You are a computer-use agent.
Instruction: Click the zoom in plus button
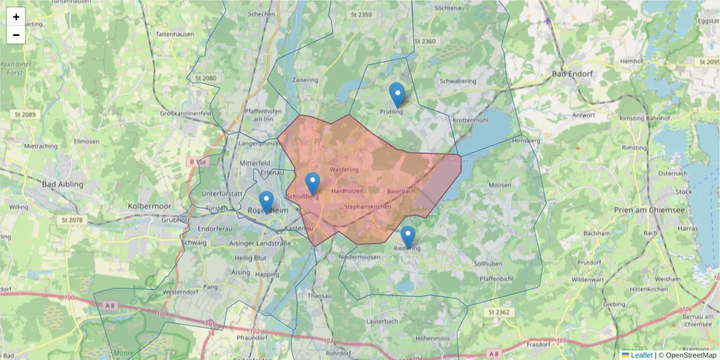coord(16,17)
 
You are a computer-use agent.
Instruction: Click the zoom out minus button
coord(16,35)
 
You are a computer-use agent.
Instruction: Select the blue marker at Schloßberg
coord(313,183)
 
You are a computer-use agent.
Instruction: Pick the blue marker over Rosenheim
coord(266,202)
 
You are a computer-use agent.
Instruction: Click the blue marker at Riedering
coord(408,236)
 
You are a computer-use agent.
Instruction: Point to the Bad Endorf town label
coord(572,74)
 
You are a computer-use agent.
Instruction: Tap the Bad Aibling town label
coord(63,184)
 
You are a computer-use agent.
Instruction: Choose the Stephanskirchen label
coord(368,206)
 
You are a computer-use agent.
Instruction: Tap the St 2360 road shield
coord(425,41)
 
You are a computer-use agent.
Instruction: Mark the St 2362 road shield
coord(499,312)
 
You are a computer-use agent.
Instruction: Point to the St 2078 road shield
coord(71,220)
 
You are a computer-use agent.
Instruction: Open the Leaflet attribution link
coord(641,355)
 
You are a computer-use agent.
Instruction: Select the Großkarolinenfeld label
coord(185,113)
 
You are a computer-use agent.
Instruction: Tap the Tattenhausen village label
coord(175,34)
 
